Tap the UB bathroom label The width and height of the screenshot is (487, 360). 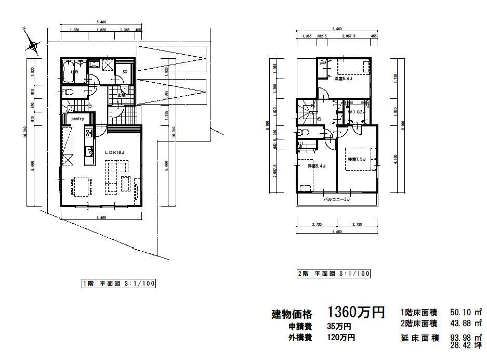74,72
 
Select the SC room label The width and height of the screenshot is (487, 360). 125,72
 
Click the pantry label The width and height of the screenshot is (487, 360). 78,119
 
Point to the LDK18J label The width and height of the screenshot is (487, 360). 115,152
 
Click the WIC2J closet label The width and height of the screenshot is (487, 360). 357,112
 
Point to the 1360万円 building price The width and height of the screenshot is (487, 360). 356,312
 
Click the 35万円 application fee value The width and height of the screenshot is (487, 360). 339,327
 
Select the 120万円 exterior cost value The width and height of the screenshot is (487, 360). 341,338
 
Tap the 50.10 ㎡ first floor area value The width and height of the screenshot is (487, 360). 463,313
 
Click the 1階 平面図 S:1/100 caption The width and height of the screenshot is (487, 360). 119,284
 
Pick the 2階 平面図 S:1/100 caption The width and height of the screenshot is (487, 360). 333,274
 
